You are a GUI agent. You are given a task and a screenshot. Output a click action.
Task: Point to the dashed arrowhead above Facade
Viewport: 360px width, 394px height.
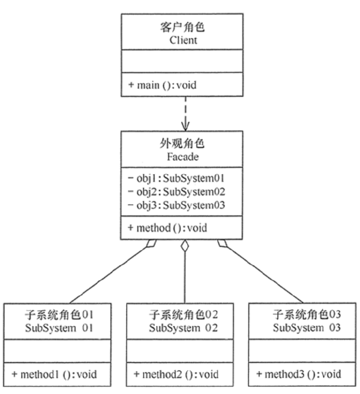click(x=186, y=125)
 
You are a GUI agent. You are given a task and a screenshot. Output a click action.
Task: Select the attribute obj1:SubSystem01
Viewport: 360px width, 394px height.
click(x=175, y=178)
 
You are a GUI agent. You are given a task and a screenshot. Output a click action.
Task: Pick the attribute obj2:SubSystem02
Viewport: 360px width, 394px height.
click(x=175, y=192)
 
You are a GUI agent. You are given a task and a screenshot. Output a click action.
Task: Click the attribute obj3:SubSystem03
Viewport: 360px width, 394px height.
click(x=175, y=205)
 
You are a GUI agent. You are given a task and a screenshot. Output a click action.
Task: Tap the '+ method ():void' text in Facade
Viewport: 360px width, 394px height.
click(x=166, y=228)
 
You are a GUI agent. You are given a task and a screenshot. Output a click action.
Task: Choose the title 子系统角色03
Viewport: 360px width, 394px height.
click(x=307, y=315)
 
